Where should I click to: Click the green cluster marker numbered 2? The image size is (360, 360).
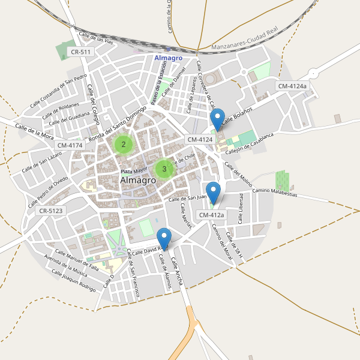pos(123,144)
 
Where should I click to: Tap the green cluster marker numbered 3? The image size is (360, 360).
pos(164,169)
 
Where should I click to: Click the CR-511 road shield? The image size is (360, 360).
pos(80,52)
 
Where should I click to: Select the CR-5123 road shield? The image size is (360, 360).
pos(50,211)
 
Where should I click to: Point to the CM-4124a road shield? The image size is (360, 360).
pos(292,86)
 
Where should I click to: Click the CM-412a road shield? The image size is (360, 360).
pos(211,215)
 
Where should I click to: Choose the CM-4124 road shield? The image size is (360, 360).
pos(200,140)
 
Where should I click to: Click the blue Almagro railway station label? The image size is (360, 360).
pos(168,58)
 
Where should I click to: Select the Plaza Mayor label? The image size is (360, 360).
pos(134,171)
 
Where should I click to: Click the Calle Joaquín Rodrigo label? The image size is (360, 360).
pos(73,281)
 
